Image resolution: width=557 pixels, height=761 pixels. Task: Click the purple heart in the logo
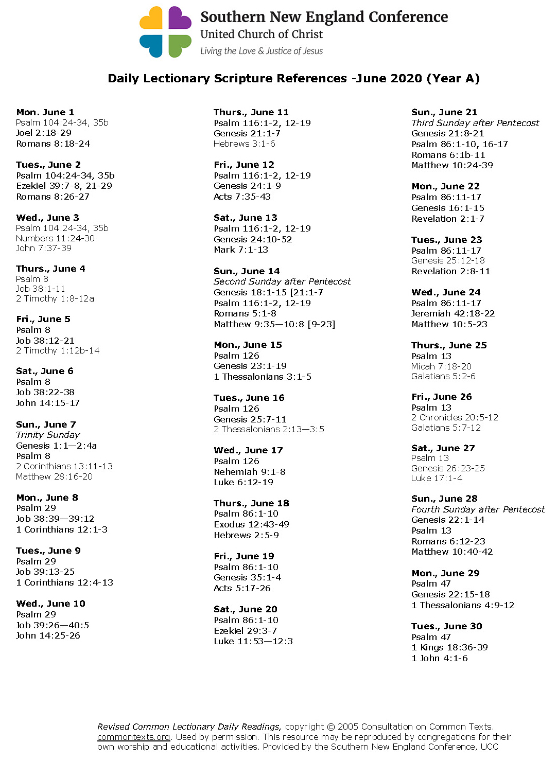(180, 19)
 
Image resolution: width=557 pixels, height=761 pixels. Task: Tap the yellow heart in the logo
(151, 19)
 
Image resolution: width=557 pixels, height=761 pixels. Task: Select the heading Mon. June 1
(45, 112)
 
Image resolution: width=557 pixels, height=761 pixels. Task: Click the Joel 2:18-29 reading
(44, 133)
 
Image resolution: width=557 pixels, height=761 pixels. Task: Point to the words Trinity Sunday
(48, 435)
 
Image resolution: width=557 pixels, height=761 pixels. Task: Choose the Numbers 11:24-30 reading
(55, 238)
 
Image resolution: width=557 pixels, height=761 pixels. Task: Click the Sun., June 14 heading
(247, 271)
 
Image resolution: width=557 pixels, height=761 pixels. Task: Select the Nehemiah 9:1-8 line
(250, 472)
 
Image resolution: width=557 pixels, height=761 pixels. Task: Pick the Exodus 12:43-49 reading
(251, 524)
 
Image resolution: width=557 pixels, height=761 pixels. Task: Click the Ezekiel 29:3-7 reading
(245, 631)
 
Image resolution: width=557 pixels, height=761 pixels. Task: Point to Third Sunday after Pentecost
(475, 123)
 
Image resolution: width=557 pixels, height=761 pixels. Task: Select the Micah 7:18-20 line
(441, 366)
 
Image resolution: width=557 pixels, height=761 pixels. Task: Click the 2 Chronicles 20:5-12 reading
(455, 417)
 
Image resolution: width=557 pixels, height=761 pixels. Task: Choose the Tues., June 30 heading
(447, 626)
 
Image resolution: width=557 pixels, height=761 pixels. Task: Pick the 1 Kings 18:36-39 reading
(449, 647)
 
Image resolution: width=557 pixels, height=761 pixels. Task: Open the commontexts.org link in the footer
(134, 737)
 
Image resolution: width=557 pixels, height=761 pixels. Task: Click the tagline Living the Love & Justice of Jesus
(262, 51)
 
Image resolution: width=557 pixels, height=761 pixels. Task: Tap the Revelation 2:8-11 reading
(450, 271)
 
